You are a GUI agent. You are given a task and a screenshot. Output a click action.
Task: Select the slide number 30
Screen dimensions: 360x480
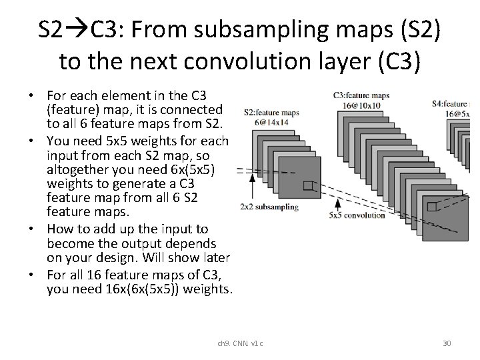pyautogui.click(x=447, y=343)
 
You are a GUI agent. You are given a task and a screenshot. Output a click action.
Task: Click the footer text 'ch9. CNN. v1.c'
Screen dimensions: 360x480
pyautogui.click(x=240, y=343)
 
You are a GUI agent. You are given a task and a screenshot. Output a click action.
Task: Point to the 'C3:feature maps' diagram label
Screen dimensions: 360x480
pyautogui.click(x=360, y=96)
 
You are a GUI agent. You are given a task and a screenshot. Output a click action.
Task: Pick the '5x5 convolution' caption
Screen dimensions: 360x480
pyautogui.click(x=357, y=215)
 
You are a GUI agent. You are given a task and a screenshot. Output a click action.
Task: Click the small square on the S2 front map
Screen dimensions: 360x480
pyautogui.click(x=307, y=186)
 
